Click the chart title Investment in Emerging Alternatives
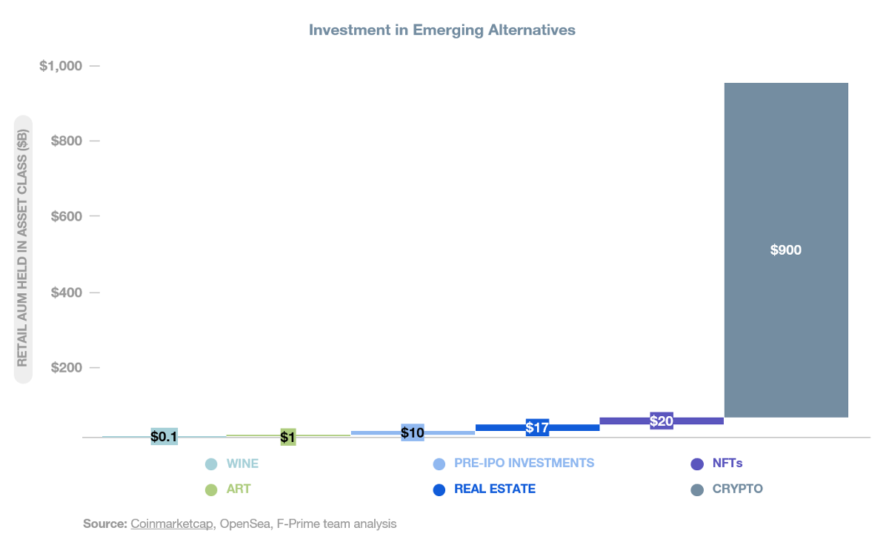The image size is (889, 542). [442, 30]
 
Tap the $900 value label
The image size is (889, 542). [785, 250]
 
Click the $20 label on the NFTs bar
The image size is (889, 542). [661, 421]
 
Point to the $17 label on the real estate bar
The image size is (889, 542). [537, 428]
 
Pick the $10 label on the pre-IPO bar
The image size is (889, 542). [413, 432]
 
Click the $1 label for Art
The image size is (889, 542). [288, 438]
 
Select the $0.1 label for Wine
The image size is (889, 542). [164, 437]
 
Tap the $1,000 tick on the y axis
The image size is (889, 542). [61, 66]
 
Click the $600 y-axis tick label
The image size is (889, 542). [65, 216]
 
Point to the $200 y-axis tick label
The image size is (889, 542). [65, 368]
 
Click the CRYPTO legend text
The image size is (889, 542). [737, 489]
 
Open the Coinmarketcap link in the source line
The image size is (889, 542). [173, 524]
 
